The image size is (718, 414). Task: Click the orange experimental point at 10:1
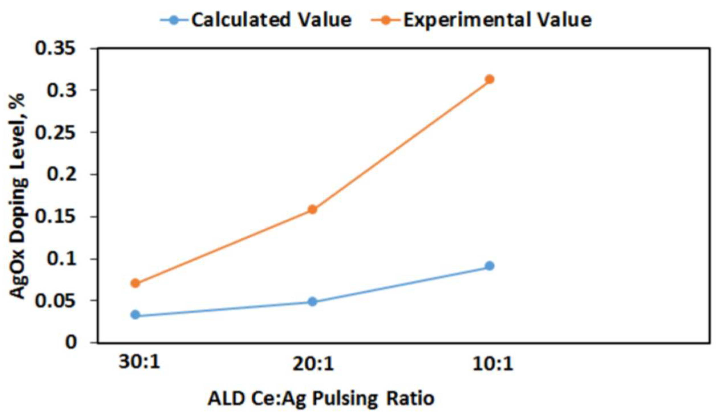coord(489,79)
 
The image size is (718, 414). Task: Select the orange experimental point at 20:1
coord(313,210)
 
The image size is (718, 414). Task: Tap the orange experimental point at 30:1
coord(136,283)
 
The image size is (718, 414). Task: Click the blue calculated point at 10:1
coord(489,266)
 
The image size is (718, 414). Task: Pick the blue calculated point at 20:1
coord(313,302)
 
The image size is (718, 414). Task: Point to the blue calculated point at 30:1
coord(136,315)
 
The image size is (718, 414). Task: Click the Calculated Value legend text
coord(271,20)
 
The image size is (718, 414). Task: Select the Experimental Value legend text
coord(497,20)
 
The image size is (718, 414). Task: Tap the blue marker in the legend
coord(174,20)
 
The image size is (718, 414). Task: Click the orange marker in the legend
coord(386,20)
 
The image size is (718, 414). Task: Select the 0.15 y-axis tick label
coord(55,217)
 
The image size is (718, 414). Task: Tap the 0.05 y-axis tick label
coord(55,301)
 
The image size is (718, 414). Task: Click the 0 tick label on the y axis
coord(71,343)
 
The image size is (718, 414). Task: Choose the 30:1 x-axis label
coord(139,363)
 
